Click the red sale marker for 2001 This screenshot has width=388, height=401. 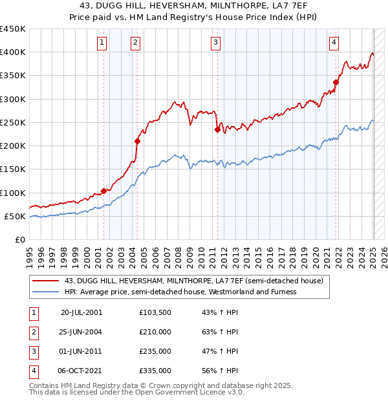tap(103, 191)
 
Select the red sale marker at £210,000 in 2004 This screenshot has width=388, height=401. tap(137, 141)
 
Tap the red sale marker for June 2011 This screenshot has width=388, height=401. tap(217, 129)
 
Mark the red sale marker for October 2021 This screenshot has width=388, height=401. tap(336, 82)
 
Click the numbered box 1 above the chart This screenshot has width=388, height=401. tap(103, 43)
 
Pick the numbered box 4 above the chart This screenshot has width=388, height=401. tap(334, 43)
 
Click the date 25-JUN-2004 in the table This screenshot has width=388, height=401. tap(81, 332)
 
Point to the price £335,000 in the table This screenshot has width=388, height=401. tap(155, 371)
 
